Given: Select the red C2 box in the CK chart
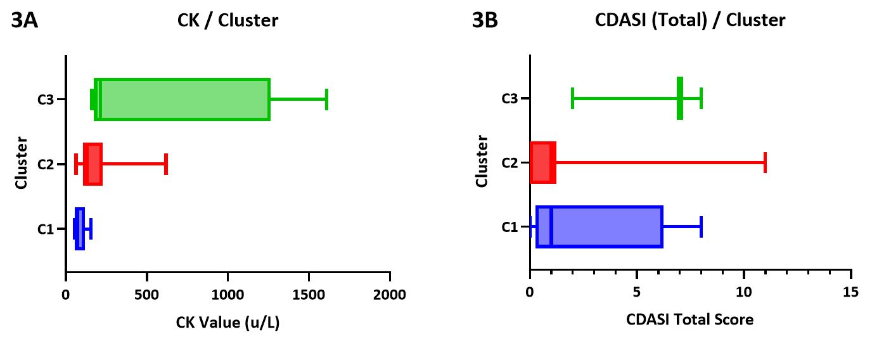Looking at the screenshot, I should (x=93, y=164).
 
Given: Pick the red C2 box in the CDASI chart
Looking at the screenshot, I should (x=542, y=163).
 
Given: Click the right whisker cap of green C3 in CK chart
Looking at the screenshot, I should (x=326, y=100).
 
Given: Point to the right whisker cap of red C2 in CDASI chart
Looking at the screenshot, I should (x=765, y=163).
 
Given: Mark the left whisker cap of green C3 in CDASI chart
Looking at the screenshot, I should (x=572, y=98).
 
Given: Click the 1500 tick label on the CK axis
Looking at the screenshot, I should (x=309, y=294).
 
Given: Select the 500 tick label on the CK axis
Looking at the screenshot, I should (x=146, y=294).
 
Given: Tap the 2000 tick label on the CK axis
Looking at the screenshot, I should (x=390, y=294).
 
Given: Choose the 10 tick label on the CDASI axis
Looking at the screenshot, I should (x=744, y=292).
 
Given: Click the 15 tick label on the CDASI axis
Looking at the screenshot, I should (x=851, y=292).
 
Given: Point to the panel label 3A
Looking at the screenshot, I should (x=25, y=21).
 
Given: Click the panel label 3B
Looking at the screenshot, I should (x=485, y=21).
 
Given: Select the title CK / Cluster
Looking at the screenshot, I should (x=228, y=20).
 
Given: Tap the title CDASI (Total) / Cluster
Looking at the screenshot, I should (x=690, y=20).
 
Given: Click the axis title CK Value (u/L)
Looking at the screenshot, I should (x=228, y=323).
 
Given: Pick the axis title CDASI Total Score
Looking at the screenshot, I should (x=691, y=319).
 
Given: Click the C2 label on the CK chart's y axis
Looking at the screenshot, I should (x=46, y=165).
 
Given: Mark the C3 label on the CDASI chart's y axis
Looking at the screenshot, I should (x=510, y=99).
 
